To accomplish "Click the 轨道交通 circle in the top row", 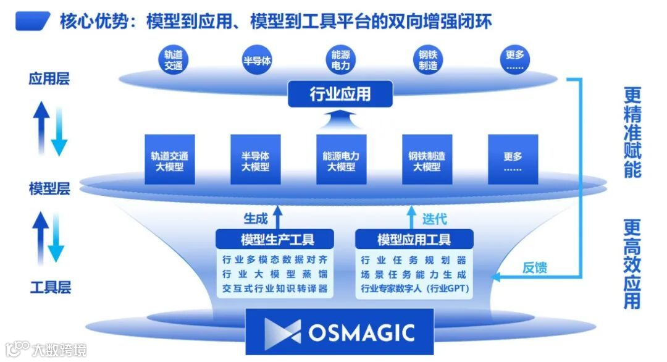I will tap(173, 60).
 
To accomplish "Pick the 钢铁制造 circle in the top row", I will tap(428, 60).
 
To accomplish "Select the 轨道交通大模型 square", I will tap(169, 160).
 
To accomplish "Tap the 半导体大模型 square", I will tap(255, 160).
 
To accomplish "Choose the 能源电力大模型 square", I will tap(340, 160).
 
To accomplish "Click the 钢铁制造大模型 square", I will tap(426, 160).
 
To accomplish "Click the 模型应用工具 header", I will tap(414, 239).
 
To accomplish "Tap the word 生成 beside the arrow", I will tap(256, 218).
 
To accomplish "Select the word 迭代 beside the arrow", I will tap(435, 218).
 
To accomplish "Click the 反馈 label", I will tap(535, 267).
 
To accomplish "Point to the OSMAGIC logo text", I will tap(361, 332).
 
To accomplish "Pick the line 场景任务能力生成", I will tap(413, 274).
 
